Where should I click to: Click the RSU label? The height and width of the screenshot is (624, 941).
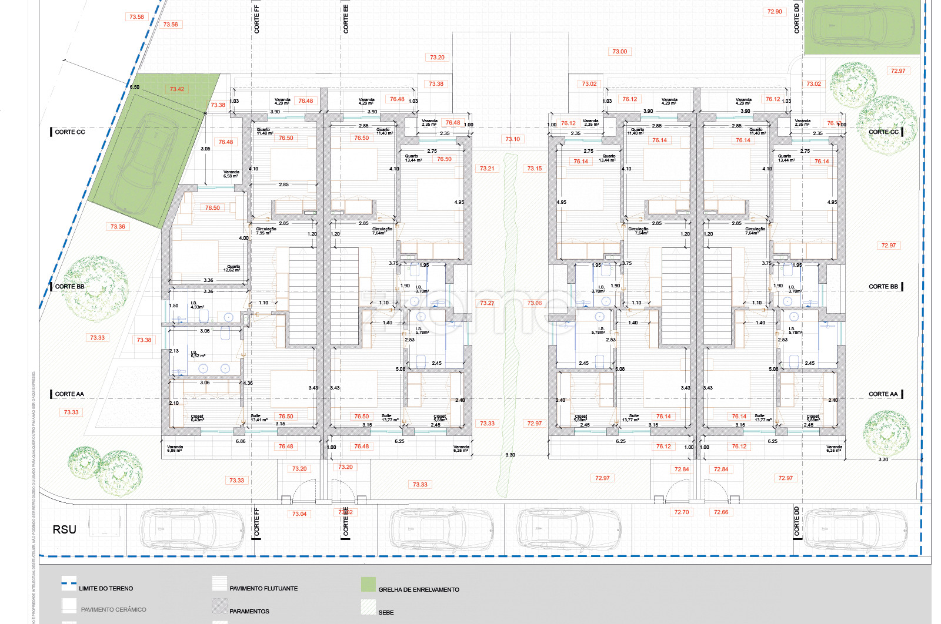click(65, 529)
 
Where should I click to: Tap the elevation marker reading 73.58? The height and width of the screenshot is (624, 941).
click(136, 17)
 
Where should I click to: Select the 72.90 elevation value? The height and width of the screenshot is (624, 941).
click(775, 12)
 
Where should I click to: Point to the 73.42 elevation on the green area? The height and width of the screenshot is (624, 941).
click(177, 89)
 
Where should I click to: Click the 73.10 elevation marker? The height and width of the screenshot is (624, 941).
click(512, 139)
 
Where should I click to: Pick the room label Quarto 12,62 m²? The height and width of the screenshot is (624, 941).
click(233, 269)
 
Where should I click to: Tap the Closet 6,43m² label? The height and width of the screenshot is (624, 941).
click(197, 418)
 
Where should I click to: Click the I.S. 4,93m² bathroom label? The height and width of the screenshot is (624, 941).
click(197, 306)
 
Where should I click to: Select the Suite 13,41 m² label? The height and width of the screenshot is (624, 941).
click(259, 418)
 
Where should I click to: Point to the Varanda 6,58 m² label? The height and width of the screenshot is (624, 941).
click(231, 174)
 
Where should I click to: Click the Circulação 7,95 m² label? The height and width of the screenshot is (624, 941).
click(266, 231)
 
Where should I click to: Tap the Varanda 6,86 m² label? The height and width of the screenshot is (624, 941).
click(175, 448)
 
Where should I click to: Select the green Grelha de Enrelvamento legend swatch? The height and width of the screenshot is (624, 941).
click(368, 585)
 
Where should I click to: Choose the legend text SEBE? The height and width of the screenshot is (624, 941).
click(386, 612)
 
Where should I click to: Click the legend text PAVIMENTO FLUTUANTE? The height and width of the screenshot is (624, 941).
click(263, 588)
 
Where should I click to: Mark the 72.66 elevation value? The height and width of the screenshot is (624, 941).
click(720, 512)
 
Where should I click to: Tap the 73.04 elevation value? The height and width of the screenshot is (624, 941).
click(299, 514)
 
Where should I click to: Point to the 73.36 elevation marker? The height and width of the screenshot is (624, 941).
click(118, 227)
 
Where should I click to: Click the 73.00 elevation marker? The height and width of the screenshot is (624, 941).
click(619, 52)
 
